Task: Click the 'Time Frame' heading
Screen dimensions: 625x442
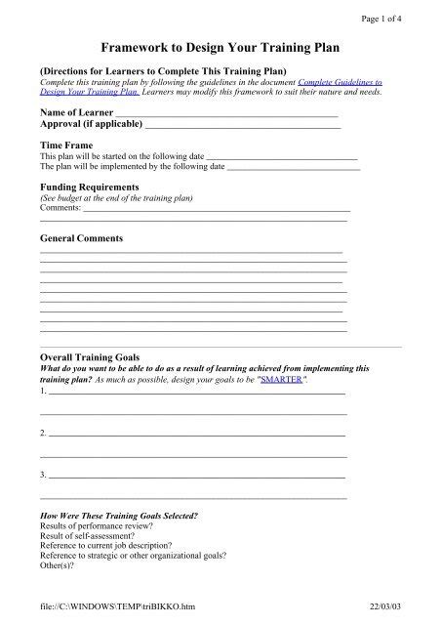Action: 64,145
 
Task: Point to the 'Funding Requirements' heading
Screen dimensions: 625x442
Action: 88,186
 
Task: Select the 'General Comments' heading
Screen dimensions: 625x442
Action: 81,237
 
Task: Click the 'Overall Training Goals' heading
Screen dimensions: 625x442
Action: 90,357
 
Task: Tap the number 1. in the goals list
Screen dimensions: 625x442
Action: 43,391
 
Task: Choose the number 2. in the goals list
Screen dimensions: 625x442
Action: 43,432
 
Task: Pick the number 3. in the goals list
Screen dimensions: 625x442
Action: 43,474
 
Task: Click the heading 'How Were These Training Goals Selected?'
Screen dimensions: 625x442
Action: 118,514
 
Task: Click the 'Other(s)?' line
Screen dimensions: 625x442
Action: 56,564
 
